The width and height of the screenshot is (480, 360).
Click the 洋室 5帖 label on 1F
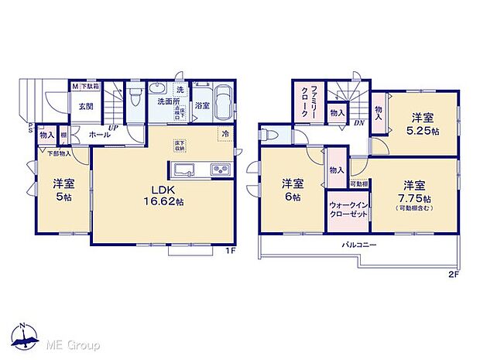(63, 190)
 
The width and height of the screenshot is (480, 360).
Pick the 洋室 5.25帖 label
(423, 123)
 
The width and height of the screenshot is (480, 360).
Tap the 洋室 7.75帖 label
(417, 194)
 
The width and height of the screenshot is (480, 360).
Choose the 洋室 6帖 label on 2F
(292, 190)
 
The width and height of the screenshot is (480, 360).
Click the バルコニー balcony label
(360, 245)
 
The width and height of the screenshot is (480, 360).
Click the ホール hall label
(98, 134)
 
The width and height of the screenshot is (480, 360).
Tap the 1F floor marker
(230, 250)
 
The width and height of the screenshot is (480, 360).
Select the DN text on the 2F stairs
(360, 122)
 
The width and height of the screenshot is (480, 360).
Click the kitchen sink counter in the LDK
(200, 170)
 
